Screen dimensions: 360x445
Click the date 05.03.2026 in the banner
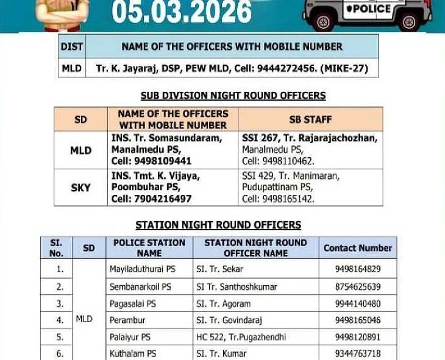[182, 12]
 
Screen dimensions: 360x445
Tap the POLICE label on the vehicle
[369, 9]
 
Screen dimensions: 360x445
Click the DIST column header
[71, 46]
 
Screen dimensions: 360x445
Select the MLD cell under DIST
[71, 68]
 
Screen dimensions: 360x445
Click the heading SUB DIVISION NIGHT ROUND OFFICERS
[233, 96]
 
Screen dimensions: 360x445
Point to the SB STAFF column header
[310, 119]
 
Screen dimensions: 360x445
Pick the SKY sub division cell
[80, 188]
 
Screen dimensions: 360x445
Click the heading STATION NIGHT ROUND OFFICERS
[218, 225]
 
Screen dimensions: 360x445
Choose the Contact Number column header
[358, 248]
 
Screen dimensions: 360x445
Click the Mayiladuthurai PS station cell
[140, 269]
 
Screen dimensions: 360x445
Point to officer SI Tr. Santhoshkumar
[237, 286]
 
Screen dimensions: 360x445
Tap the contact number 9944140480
[358, 303]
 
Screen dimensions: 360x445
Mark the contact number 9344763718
[358, 353]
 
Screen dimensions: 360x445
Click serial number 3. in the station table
[60, 303]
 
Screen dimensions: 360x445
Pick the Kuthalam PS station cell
[135, 353]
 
